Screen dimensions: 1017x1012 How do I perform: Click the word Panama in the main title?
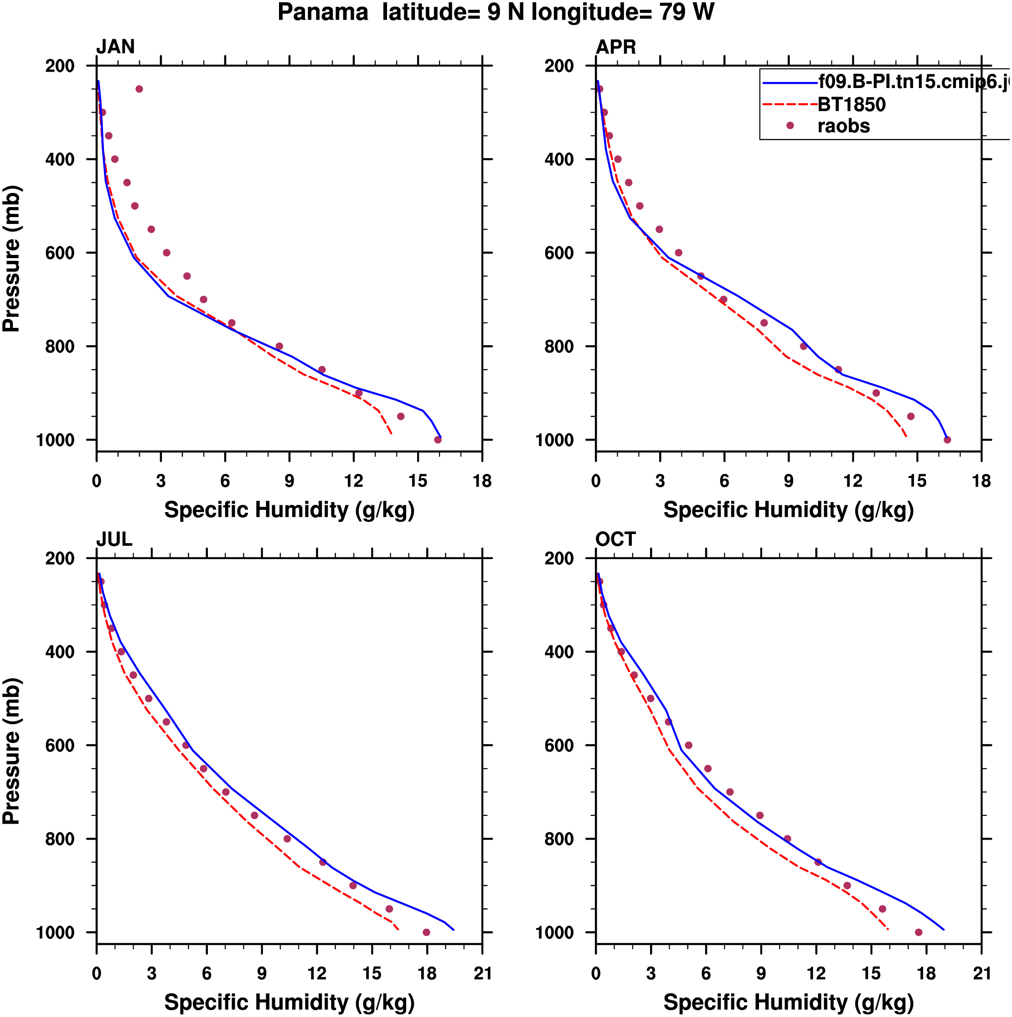pyautogui.click(x=323, y=12)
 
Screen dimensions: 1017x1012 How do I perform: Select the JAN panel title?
pyautogui.click(x=115, y=47)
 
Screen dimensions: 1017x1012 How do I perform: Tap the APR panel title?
pyautogui.click(x=616, y=47)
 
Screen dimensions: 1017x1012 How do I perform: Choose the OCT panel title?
pyautogui.click(x=616, y=540)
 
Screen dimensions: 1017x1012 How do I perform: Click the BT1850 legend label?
pyautogui.click(x=852, y=105)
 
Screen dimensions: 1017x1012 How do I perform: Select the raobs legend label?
pyautogui.click(x=844, y=126)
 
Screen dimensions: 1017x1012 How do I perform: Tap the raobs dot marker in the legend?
pyautogui.click(x=790, y=126)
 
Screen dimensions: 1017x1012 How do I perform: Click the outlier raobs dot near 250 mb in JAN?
pyautogui.click(x=139, y=89)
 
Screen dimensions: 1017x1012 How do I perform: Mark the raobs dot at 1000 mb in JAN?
pyautogui.click(x=438, y=440)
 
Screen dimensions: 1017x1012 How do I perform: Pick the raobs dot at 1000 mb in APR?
pyautogui.click(x=947, y=440)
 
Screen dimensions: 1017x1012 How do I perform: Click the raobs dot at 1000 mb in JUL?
pyautogui.click(x=426, y=932)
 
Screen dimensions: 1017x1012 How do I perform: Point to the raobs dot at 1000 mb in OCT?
pyautogui.click(x=919, y=932)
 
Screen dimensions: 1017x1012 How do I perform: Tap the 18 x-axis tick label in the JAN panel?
pyautogui.click(x=482, y=481)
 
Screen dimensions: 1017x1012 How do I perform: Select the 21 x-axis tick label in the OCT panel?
pyautogui.click(x=981, y=973)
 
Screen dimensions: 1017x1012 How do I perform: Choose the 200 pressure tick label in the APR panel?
pyautogui.click(x=559, y=66)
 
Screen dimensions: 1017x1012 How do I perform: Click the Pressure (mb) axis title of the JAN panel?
pyautogui.click(x=11, y=259)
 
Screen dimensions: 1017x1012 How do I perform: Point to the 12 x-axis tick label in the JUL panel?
pyautogui.click(x=317, y=973)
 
